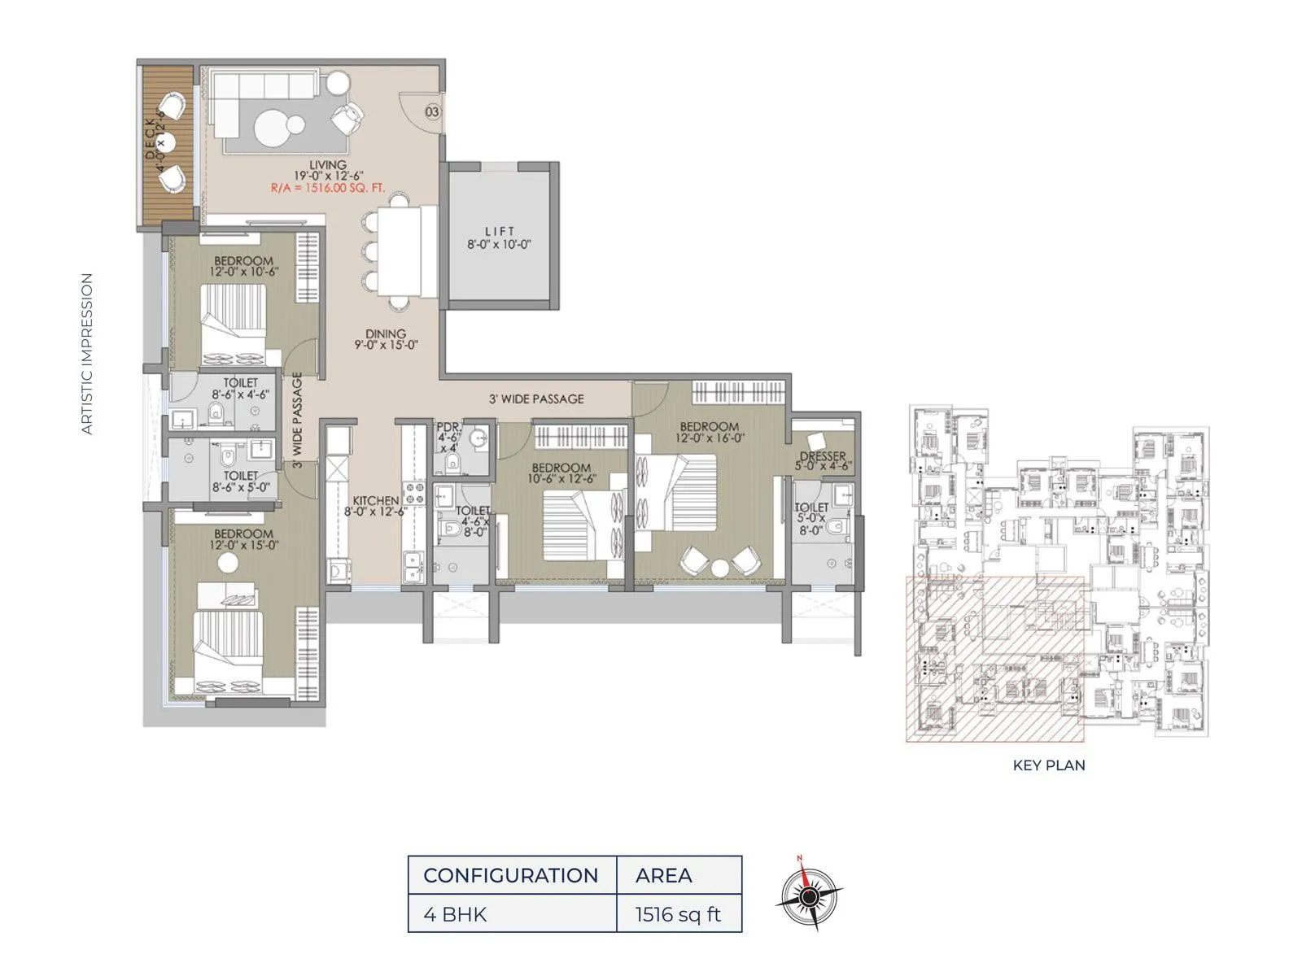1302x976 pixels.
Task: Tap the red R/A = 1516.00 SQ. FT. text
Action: (328, 187)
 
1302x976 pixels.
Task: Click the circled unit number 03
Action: (432, 112)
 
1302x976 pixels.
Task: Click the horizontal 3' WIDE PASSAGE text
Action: (536, 399)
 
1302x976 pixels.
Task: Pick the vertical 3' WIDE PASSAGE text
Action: (297, 420)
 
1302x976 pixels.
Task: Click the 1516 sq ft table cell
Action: (679, 914)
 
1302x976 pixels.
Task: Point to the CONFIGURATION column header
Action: (511, 875)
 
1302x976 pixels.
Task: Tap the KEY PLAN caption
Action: (1048, 765)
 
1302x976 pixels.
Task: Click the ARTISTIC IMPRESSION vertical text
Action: (87, 353)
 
